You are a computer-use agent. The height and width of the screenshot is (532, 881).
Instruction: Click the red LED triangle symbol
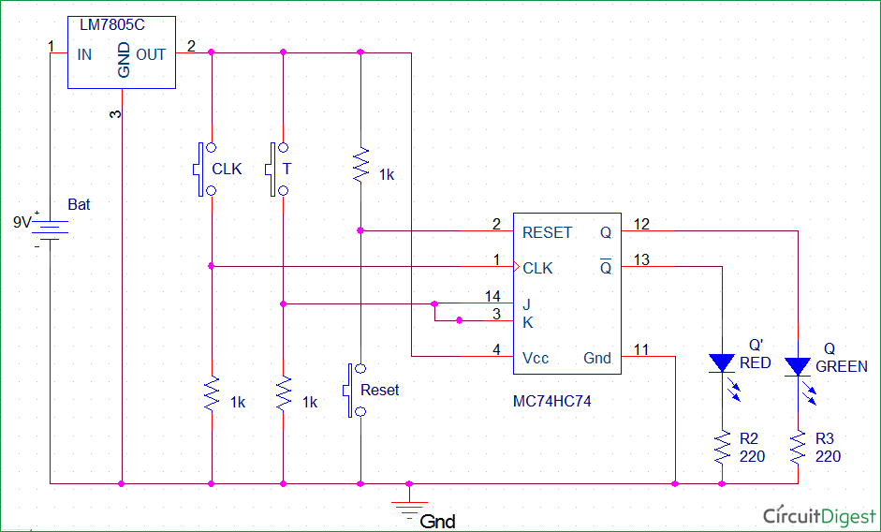pos(722,362)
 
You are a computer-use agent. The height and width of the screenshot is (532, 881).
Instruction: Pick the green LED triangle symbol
pos(798,365)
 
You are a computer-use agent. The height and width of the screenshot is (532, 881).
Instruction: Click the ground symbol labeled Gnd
pos(409,510)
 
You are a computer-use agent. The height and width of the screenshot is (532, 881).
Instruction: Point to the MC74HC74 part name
pos(551,401)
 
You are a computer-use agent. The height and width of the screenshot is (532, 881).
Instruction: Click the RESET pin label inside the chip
pos(548,232)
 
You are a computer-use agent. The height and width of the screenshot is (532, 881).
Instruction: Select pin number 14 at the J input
pos(492,296)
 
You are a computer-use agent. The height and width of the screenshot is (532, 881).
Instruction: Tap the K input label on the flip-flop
pos(527,321)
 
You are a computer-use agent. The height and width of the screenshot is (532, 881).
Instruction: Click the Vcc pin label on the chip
pos(536,358)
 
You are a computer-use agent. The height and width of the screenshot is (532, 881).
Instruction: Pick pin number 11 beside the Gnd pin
pos(640,349)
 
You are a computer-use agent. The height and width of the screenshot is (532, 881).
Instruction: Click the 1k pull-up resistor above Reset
pos(360,166)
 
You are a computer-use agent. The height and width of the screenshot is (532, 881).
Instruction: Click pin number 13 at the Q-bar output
pos(640,259)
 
